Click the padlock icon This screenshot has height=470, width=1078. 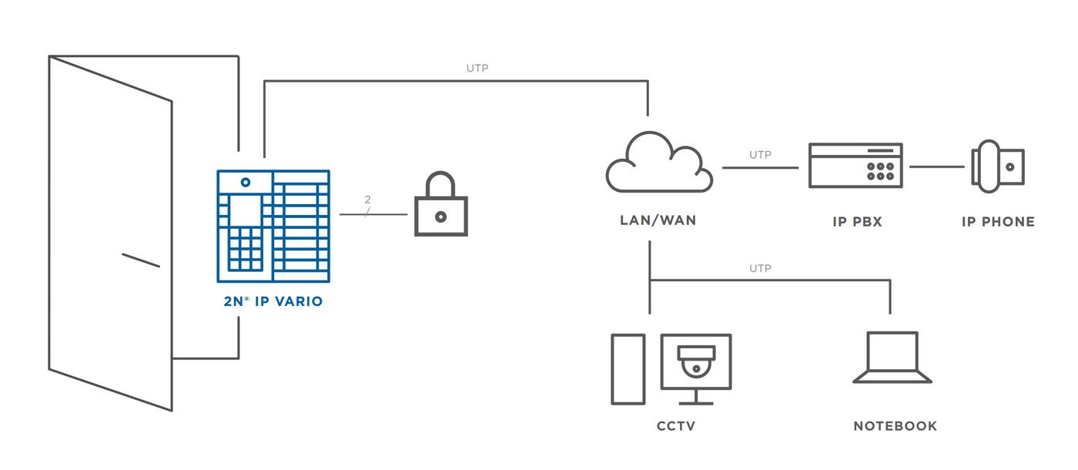tap(440, 206)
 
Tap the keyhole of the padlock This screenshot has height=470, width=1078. tap(440, 217)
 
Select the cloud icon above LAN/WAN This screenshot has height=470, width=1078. tap(658, 164)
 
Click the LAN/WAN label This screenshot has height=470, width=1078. tap(658, 221)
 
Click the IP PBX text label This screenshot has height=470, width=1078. tap(857, 222)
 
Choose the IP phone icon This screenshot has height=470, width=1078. tap(998, 166)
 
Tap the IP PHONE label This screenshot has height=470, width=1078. tap(998, 222)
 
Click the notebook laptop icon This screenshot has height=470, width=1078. tap(892, 358)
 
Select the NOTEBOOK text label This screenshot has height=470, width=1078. tap(895, 426)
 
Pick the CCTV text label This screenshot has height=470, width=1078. tap(676, 426)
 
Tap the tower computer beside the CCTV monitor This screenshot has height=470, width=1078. tap(628, 369)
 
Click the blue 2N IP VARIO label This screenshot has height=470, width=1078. tap(273, 302)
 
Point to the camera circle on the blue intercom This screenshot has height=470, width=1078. tap(246, 183)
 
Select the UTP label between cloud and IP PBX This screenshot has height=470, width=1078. tap(760, 155)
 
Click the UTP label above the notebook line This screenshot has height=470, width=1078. tap(760, 269)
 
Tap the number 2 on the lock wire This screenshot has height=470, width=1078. tap(367, 200)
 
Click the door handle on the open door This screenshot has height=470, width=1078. tap(141, 260)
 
